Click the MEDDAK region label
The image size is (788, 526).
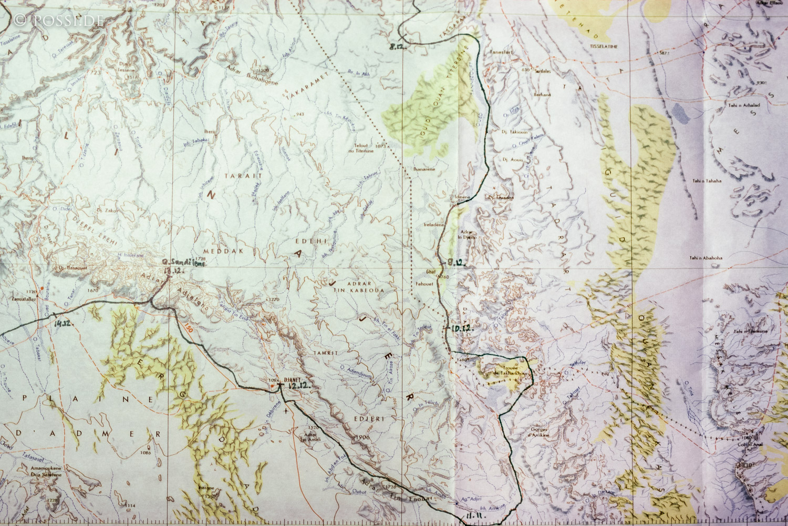click(227, 251)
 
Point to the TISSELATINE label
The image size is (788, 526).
click(604, 46)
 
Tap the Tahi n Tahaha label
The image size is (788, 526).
click(707, 181)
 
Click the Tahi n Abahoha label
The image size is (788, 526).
click(706, 258)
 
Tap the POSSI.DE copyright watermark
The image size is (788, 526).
click(58, 21)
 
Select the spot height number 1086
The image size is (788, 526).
click(146, 452)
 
